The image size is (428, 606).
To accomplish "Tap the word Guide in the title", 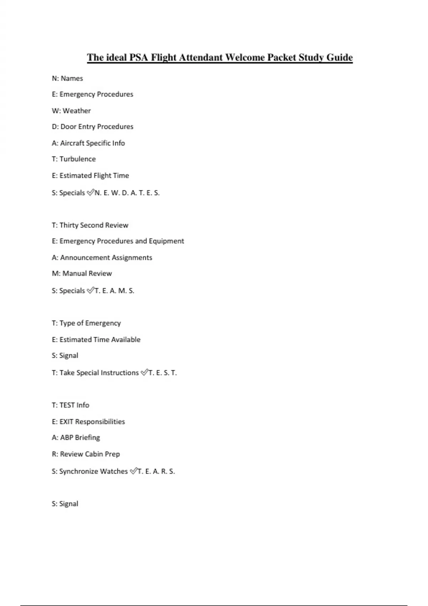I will [340, 57].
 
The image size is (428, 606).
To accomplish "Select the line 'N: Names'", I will [67, 78].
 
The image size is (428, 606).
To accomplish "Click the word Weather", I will [77, 111].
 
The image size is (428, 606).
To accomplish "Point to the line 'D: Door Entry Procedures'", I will [93, 127].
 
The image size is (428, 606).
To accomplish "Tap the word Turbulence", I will [77, 159].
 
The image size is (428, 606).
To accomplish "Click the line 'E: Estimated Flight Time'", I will [91, 176].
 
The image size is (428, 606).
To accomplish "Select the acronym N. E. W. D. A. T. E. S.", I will [127, 193].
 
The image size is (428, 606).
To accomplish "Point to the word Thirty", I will [69, 225].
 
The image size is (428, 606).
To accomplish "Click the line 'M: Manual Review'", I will [82, 274].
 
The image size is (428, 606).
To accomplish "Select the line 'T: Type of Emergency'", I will [86, 323].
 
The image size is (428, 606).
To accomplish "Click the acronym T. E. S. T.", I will [163, 373].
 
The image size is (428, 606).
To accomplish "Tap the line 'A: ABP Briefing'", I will [76, 438].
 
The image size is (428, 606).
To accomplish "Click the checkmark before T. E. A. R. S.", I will [133, 471].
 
